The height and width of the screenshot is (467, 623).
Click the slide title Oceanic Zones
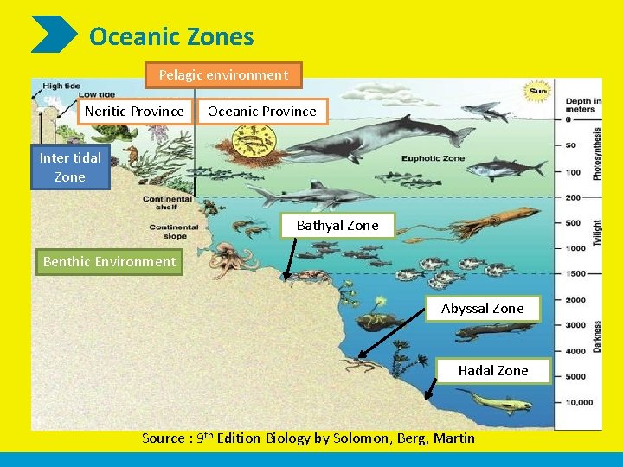171,37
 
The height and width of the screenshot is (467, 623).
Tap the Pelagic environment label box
223,75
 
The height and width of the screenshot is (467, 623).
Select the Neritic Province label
134,111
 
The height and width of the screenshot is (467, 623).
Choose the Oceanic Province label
262,111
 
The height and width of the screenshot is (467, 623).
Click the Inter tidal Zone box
70,167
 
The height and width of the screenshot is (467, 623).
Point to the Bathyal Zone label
337,225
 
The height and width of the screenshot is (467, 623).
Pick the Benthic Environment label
109,261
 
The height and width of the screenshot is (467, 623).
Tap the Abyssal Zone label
482,308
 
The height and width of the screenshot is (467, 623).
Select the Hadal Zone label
492,370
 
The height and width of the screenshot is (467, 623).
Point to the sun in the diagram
537,91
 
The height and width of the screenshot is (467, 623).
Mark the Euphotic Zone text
432,158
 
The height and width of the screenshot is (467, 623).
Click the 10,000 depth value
579,402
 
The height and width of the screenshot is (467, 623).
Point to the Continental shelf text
167,202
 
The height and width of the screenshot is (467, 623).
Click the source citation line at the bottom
308,438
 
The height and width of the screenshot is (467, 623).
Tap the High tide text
61,86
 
